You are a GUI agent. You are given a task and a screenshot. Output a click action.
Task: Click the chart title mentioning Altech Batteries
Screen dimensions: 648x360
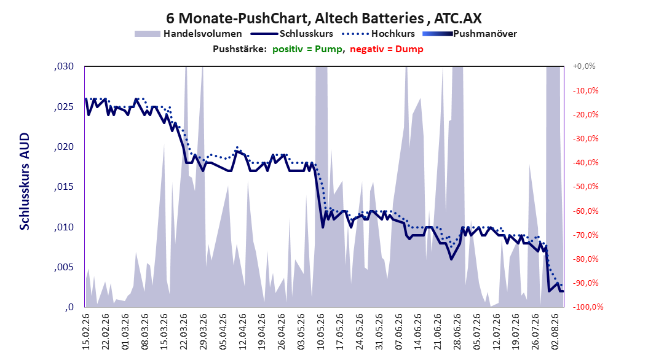[x=323, y=18]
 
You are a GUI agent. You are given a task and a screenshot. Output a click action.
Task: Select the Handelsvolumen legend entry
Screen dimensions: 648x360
[x=188, y=34]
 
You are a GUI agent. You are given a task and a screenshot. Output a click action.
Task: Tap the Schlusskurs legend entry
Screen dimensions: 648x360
[x=292, y=34]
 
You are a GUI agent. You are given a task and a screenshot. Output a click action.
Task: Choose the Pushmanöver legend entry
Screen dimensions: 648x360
[x=470, y=34]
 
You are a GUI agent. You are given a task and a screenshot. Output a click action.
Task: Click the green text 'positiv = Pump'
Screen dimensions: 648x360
[x=307, y=49]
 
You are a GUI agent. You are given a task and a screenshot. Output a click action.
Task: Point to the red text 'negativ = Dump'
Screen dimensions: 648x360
[x=387, y=49]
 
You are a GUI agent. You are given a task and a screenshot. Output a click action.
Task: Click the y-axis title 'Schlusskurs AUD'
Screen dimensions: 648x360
[x=25, y=181]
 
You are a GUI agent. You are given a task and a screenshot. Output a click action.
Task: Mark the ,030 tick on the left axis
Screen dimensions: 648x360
[x=64, y=66]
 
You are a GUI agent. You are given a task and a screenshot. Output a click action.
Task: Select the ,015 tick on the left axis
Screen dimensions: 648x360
[x=64, y=187]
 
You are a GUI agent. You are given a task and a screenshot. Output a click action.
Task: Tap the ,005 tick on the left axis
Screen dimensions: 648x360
[x=64, y=267]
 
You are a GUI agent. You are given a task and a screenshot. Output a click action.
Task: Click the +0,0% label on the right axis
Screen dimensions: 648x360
[x=584, y=66]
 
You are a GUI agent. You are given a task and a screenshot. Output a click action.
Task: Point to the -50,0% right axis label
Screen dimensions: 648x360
[x=585, y=187]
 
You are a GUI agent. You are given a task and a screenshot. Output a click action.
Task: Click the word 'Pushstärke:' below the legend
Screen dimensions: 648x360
[x=240, y=49]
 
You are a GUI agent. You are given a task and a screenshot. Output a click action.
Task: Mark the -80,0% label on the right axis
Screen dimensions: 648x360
[x=585, y=259]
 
